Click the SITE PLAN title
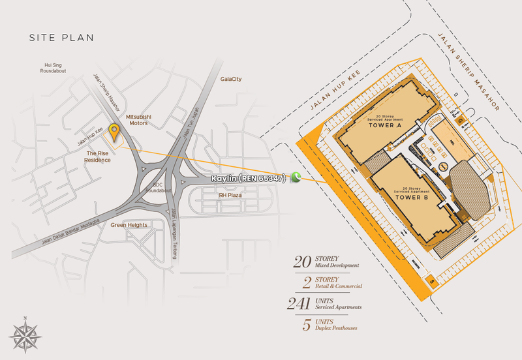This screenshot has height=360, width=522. pos(61,38)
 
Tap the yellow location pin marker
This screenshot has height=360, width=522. pos(115,131)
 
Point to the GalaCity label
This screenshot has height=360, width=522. pos(231,79)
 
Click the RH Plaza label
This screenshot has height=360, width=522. pos(230,195)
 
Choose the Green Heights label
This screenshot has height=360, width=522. pos(129,225)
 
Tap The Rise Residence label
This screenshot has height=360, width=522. pos(97,157)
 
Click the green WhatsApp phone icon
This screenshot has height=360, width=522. pos(296,177)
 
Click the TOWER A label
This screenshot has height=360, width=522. pos(384,125)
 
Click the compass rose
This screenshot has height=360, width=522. pos(24,335)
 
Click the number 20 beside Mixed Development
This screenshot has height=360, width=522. pos(302,262)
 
